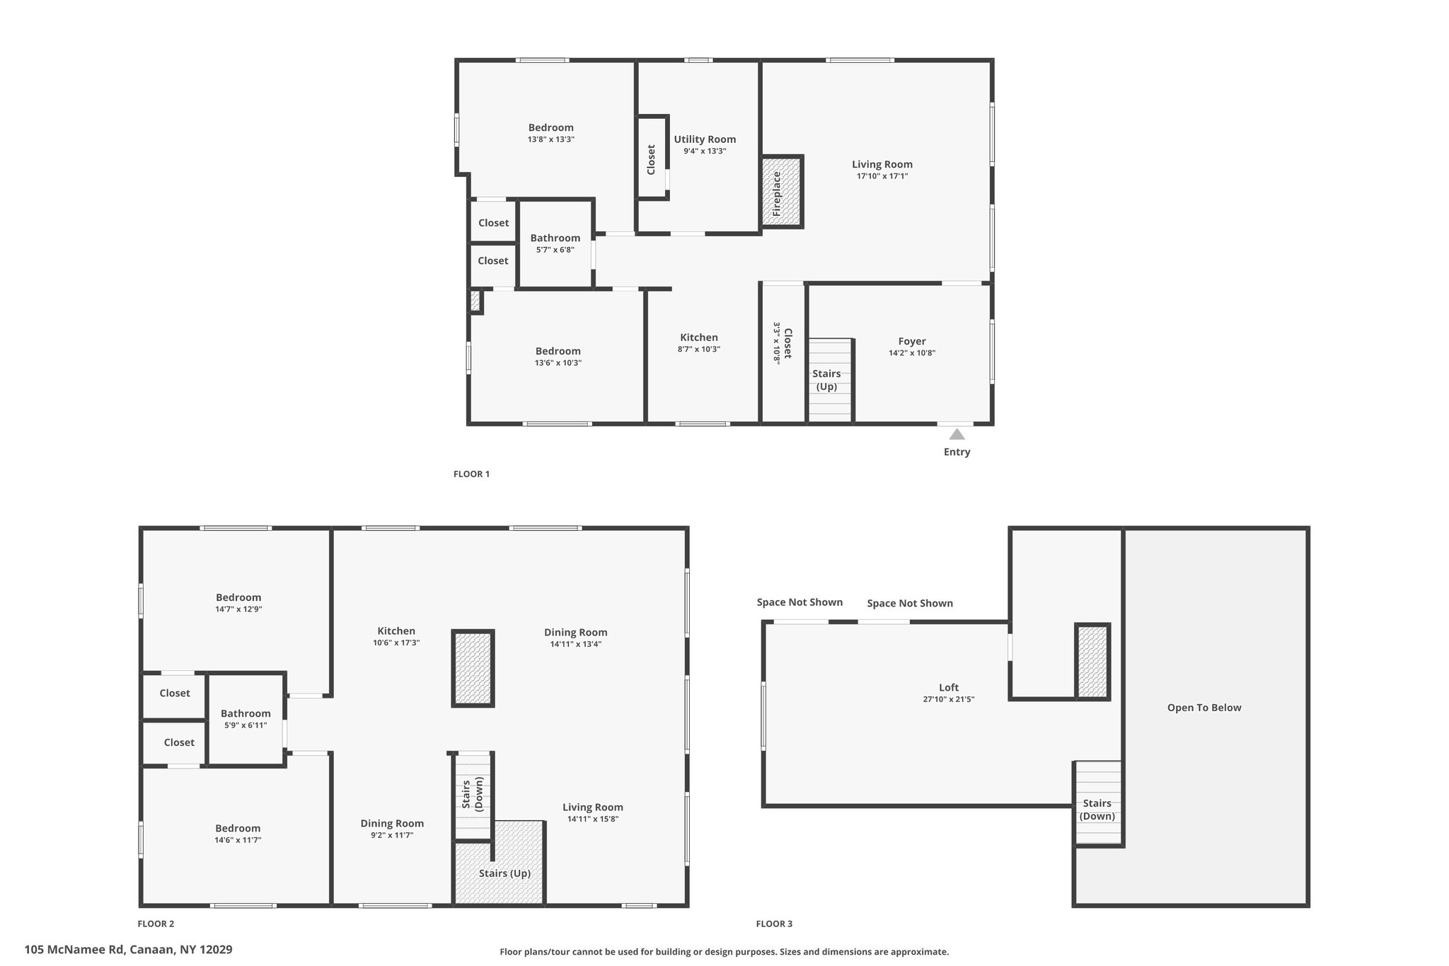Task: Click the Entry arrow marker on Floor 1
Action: [957, 434]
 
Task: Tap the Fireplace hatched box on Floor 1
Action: [782, 192]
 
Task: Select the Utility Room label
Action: [705, 139]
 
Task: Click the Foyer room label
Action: [912, 341]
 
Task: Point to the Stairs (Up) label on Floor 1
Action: [826, 380]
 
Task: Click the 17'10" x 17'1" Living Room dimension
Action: [882, 176]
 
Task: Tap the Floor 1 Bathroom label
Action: [555, 238]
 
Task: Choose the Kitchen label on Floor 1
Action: [699, 338]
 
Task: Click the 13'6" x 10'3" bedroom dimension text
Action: [558, 363]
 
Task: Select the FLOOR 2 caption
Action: [156, 924]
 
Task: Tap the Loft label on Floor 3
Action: [949, 687]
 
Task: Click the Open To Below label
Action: [1204, 708]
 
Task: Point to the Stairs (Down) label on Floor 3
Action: [1097, 810]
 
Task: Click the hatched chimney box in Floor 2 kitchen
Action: [473, 668]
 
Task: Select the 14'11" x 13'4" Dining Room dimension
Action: [576, 644]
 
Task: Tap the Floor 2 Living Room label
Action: [593, 807]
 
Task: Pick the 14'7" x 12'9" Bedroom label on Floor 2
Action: [238, 597]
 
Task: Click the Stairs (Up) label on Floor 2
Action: [504, 873]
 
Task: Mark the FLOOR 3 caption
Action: [774, 924]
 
